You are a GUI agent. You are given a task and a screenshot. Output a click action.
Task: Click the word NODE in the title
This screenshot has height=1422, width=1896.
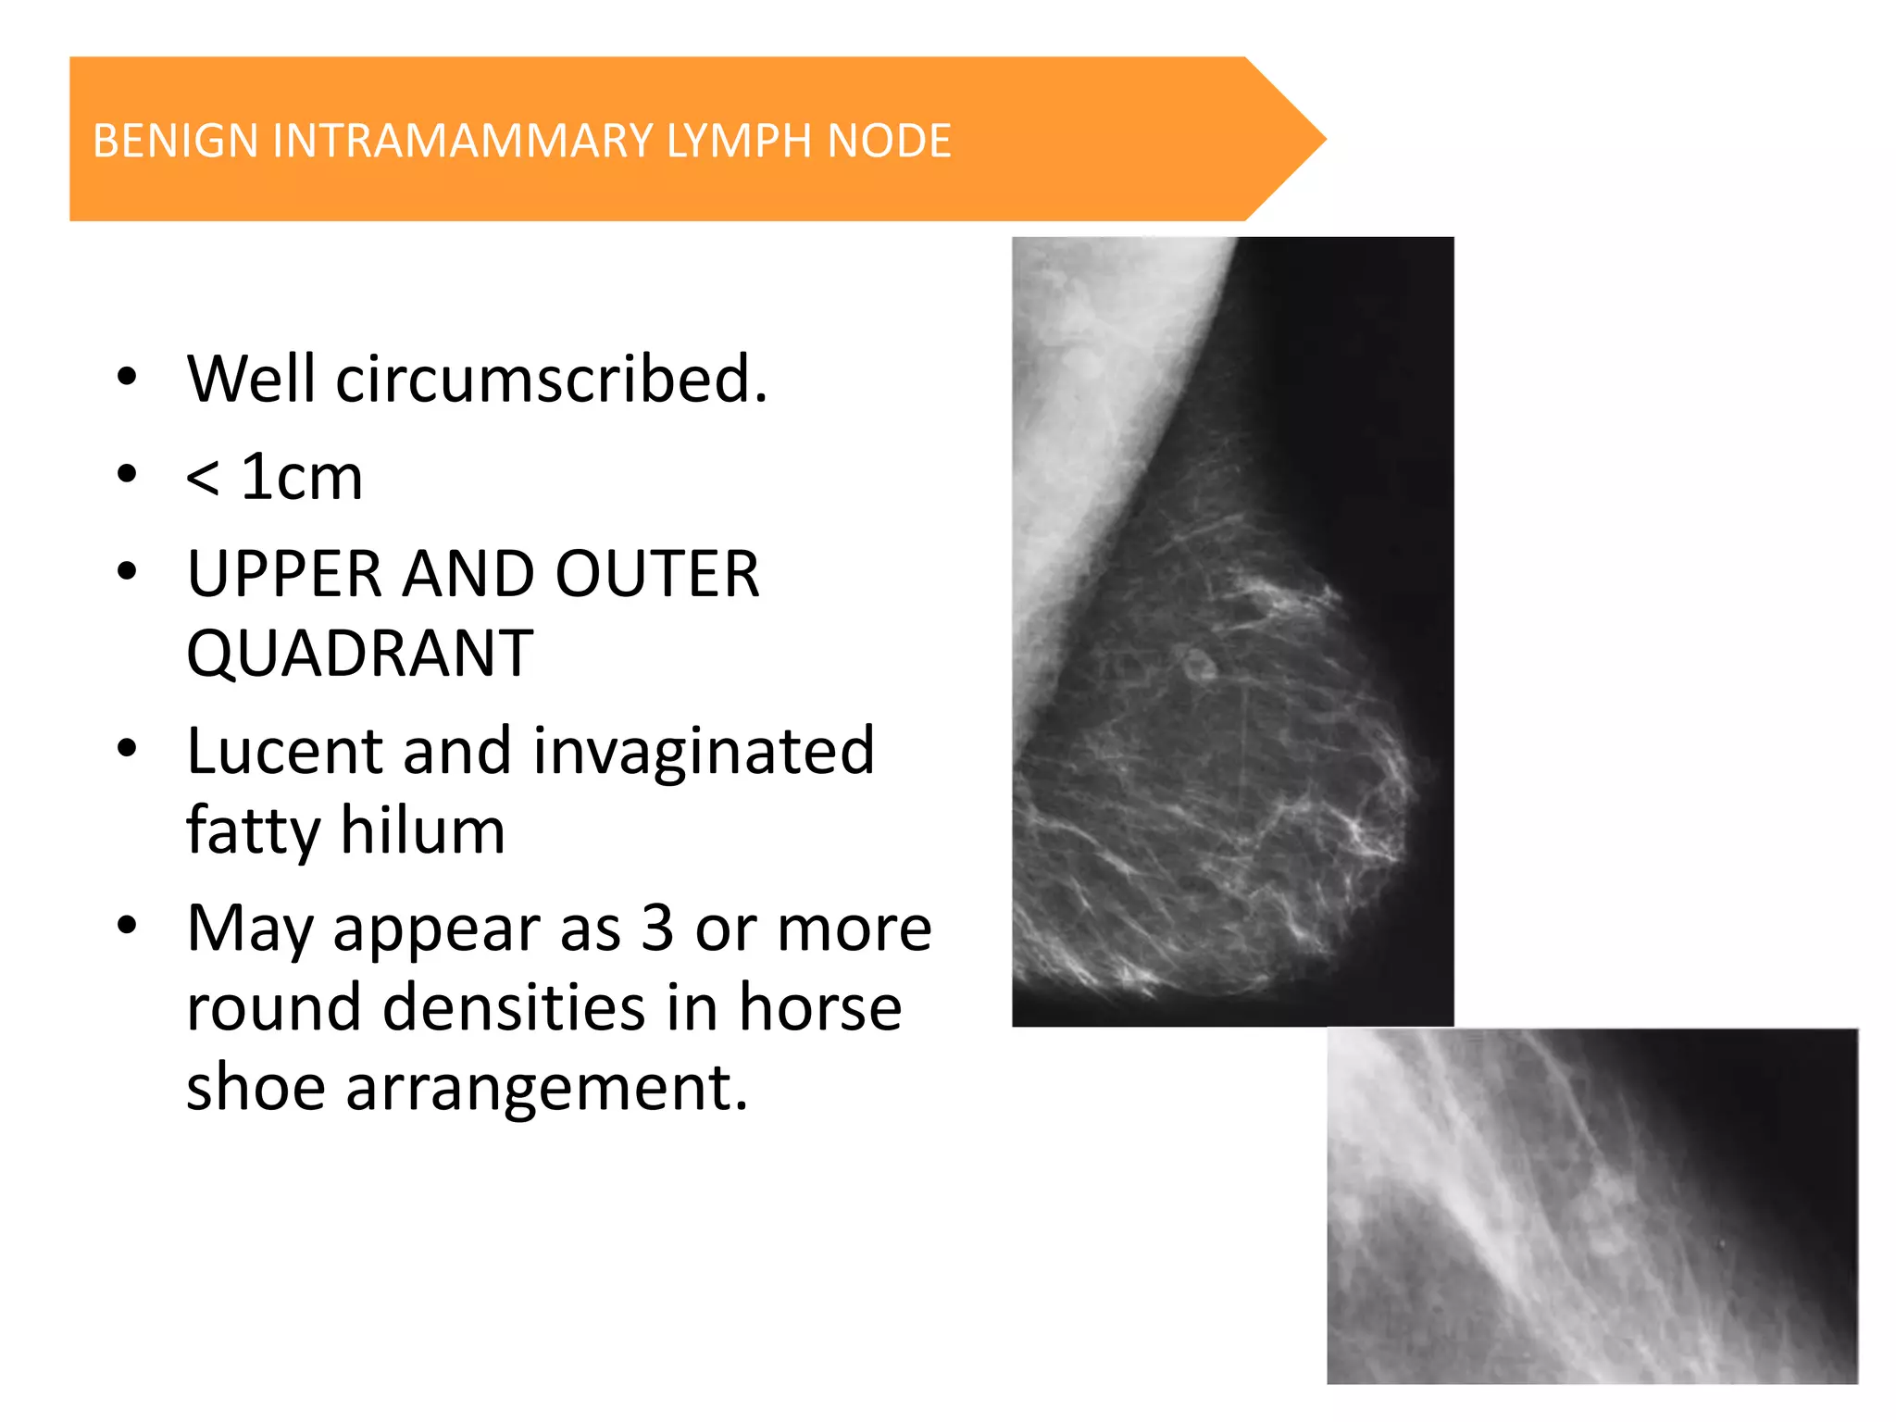click(889, 142)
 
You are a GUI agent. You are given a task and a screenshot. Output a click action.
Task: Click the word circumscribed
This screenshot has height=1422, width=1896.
click(551, 380)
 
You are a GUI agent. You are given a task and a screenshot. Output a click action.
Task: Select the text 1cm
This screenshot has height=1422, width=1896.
click(302, 478)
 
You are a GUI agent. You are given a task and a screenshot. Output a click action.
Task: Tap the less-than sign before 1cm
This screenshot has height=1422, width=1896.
click(203, 480)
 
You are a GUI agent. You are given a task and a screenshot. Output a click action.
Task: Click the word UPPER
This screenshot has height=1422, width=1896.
click(283, 575)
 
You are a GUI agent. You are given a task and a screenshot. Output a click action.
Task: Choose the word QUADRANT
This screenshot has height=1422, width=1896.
click(360, 655)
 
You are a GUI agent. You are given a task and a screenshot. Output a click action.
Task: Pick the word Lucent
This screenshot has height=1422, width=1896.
click(283, 751)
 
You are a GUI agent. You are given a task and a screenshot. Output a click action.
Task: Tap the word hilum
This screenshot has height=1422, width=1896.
click(423, 830)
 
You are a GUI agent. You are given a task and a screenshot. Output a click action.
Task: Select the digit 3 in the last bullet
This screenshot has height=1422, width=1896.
click(656, 928)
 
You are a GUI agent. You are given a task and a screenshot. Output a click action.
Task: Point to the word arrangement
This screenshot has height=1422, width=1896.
click(546, 1088)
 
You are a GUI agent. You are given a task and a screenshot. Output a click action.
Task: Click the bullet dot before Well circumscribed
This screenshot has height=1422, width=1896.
click(128, 378)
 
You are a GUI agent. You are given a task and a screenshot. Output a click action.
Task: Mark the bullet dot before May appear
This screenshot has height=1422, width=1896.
click(128, 925)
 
